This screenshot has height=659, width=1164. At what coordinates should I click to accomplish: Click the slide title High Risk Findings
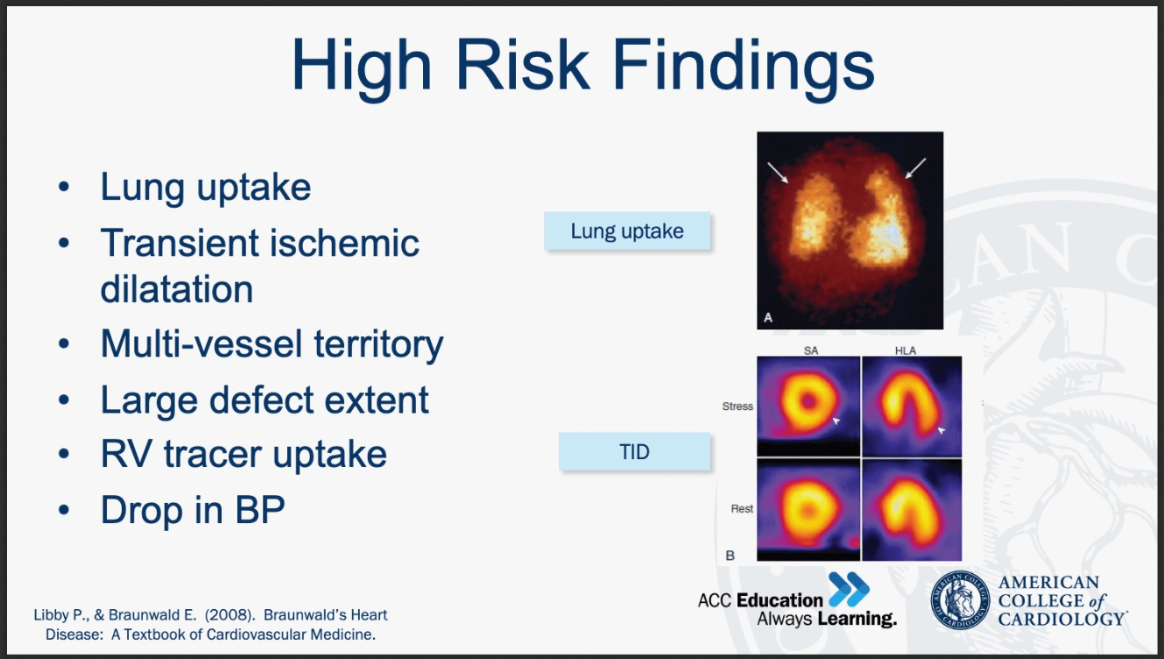click(583, 66)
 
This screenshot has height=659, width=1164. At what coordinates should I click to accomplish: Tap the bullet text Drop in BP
click(193, 510)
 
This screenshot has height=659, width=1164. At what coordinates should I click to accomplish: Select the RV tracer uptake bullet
click(243, 455)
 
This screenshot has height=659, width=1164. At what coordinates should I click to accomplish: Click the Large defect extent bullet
click(265, 400)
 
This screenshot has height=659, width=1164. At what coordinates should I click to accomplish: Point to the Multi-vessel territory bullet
click(272, 344)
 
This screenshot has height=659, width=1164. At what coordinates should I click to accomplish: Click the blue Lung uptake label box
click(627, 231)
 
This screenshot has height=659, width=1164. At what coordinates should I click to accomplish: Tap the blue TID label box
click(634, 451)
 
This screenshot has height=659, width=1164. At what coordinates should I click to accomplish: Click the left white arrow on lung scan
click(778, 173)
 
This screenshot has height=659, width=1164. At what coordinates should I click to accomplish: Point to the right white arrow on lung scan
click(915, 168)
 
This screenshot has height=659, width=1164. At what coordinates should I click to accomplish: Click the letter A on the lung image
click(768, 317)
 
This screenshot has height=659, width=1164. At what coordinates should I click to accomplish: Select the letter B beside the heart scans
click(730, 556)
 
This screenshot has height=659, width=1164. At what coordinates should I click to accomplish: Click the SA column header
click(811, 351)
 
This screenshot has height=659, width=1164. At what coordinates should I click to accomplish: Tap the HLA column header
click(906, 351)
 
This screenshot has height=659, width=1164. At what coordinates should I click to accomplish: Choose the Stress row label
click(737, 407)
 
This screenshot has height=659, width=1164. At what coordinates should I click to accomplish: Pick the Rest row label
click(742, 508)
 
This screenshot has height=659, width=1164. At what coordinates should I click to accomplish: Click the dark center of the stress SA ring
click(808, 401)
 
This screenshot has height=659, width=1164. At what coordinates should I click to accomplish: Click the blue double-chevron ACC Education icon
click(849, 589)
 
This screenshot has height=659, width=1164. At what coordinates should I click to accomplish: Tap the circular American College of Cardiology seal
click(960, 600)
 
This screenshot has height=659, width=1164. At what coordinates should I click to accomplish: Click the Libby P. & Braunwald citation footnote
click(210, 625)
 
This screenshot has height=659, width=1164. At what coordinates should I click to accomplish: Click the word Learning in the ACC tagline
click(857, 619)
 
